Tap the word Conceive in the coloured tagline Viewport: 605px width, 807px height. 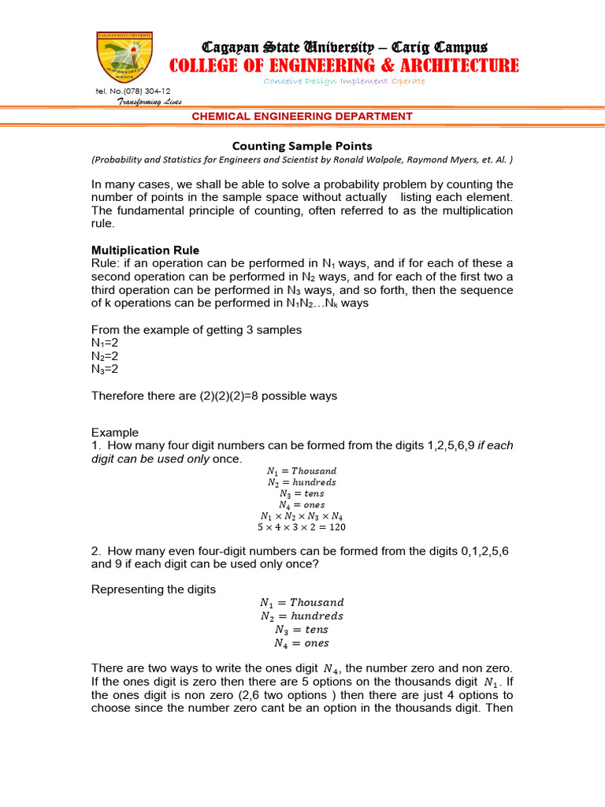(x=280, y=81)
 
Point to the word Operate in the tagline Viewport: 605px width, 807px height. (x=408, y=81)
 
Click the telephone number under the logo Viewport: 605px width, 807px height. (x=132, y=91)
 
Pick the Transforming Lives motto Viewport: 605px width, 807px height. (x=150, y=102)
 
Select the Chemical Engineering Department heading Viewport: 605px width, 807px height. (x=302, y=117)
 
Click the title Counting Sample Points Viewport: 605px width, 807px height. (x=302, y=146)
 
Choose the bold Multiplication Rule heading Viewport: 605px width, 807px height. (x=146, y=250)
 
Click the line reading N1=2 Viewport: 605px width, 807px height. (x=106, y=343)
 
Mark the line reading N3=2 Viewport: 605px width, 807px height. (x=106, y=369)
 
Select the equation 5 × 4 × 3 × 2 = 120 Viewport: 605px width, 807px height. (x=302, y=527)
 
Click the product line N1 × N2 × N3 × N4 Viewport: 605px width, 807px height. (x=302, y=516)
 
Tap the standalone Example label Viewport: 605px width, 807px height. (x=115, y=433)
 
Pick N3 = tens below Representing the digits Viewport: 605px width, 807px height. (x=302, y=630)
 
